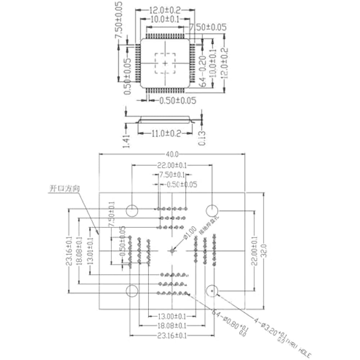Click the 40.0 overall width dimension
point(172,154)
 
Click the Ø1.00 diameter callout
point(189,233)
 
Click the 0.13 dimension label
point(202,137)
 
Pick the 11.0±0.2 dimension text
point(166,133)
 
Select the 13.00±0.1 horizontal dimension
point(172,316)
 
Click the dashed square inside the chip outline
point(165,63)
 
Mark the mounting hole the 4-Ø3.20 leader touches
point(212,290)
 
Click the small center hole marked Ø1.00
point(172,251)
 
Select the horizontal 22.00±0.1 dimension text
point(172,165)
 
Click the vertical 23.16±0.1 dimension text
point(68,251)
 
